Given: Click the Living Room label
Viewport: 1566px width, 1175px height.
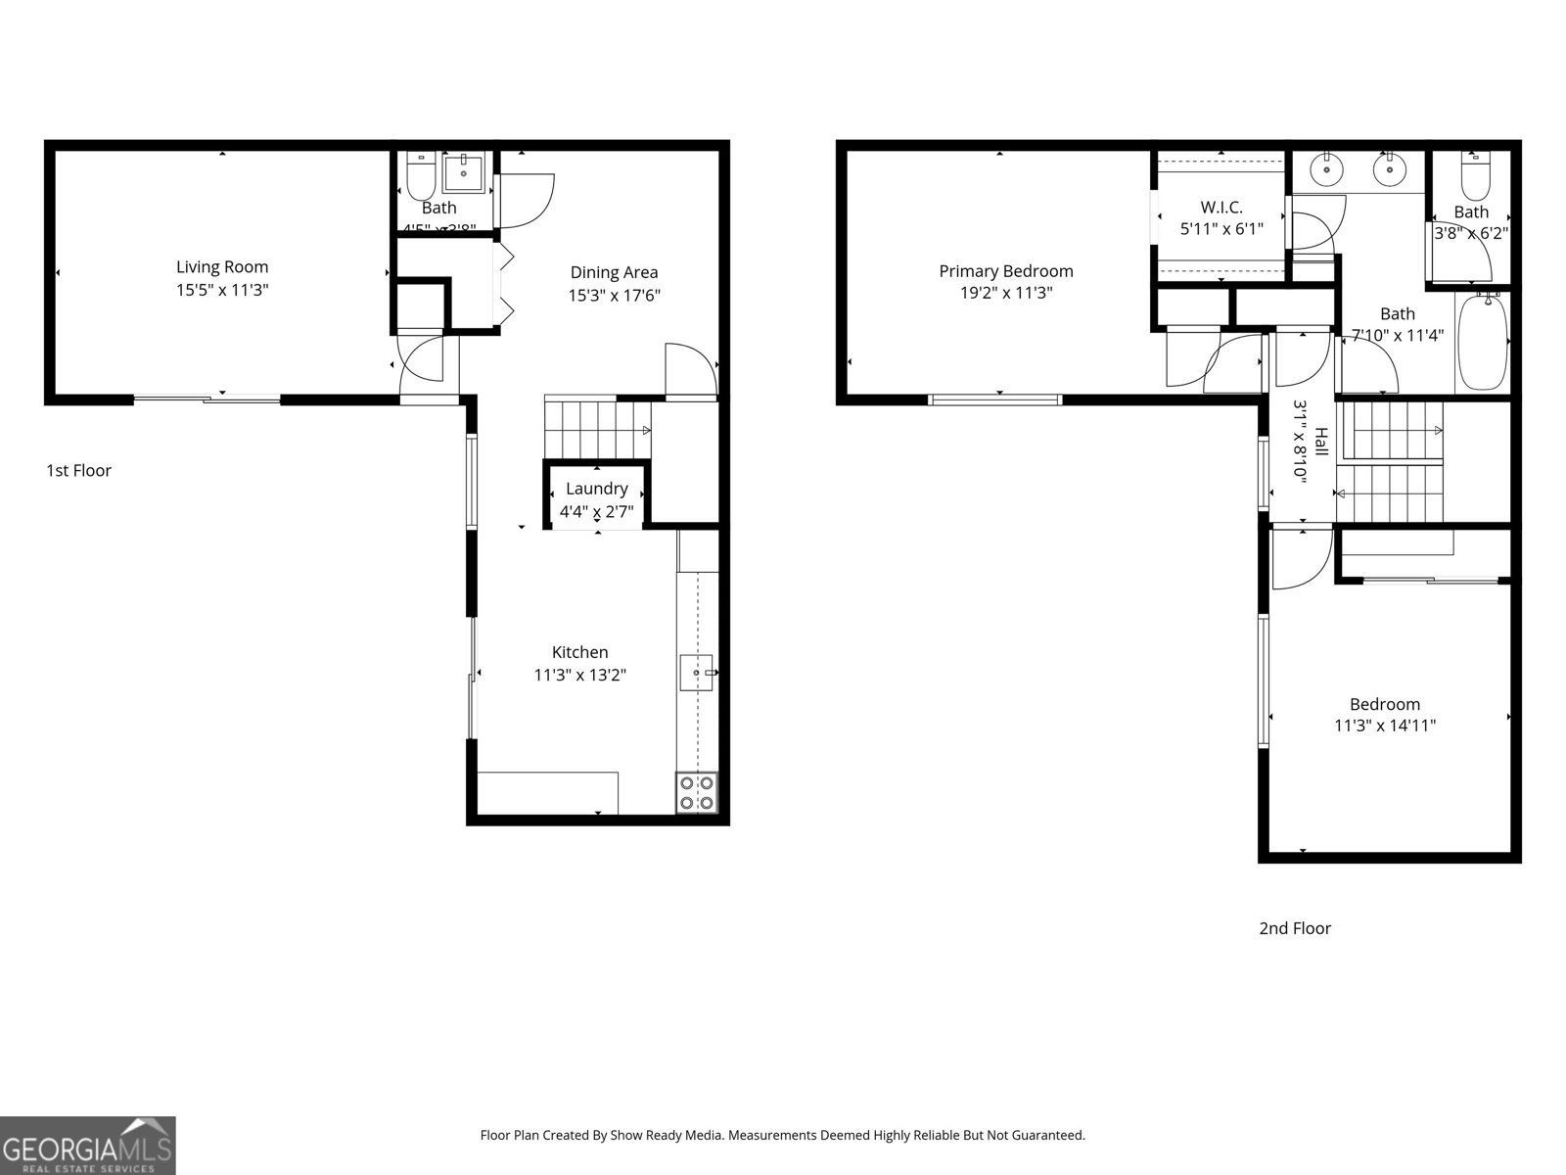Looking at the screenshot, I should (x=222, y=267).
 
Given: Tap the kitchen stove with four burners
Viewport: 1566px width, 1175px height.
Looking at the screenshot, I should (x=696, y=792).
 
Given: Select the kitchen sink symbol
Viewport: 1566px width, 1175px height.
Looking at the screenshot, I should (x=697, y=674).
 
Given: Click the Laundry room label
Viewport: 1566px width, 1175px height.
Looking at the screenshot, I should (x=596, y=489).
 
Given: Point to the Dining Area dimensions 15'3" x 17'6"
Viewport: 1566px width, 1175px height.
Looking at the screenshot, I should (x=615, y=295).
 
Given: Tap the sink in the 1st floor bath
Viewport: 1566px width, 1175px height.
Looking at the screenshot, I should (x=464, y=174).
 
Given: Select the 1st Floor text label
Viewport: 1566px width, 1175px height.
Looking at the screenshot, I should (x=79, y=471).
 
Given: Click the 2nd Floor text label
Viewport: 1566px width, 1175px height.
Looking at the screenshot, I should (x=1294, y=928).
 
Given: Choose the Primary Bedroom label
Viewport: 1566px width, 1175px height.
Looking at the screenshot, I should (x=1005, y=271).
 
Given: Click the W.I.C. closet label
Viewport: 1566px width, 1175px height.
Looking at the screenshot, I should (x=1221, y=208).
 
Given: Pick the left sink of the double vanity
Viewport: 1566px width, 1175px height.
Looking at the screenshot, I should (x=1326, y=169).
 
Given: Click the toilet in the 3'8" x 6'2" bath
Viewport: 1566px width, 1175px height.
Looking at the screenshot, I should (x=1474, y=176).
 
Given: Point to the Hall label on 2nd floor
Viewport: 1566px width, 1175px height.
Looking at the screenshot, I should (x=1321, y=441).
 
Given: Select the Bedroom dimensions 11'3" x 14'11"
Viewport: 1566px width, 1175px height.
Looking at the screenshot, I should (x=1384, y=726).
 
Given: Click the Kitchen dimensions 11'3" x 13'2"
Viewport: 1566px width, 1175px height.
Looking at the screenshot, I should (x=579, y=675).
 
